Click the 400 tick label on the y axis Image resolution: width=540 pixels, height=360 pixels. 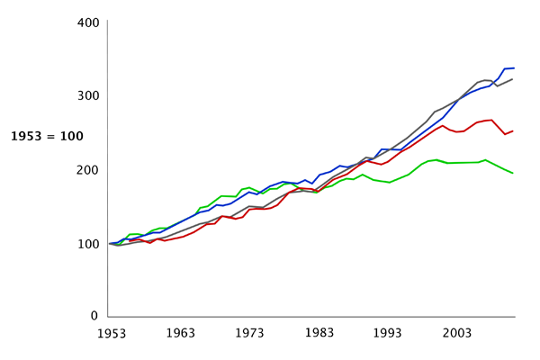[86, 22]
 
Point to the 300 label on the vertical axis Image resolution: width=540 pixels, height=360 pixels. [86, 95]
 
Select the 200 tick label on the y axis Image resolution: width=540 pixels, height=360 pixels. [86, 170]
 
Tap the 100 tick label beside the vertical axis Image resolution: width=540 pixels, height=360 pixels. [86, 244]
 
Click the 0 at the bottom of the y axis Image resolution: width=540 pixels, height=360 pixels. [94, 317]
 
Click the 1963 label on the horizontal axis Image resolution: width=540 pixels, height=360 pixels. [180, 333]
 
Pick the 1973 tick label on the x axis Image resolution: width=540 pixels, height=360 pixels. [249, 333]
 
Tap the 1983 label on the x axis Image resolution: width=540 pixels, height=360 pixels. [319, 333]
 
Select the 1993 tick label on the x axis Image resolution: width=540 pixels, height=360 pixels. [388, 333]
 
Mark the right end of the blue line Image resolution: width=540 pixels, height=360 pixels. [513, 67]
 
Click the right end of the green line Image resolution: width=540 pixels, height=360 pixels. [513, 173]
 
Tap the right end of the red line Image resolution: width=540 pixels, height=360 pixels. [513, 130]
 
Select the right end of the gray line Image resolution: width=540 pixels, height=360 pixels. [513, 79]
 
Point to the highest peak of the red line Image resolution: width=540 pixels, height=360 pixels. [491, 120]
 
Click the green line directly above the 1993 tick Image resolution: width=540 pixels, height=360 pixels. [388, 183]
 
